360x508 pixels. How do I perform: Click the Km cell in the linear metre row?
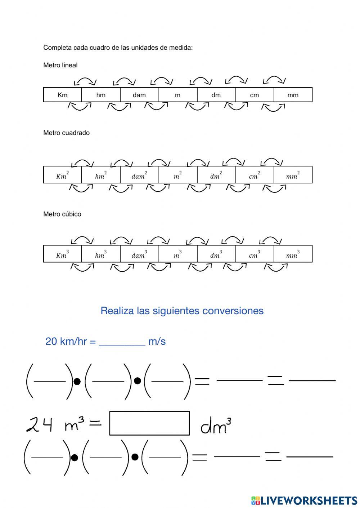[x=63, y=95]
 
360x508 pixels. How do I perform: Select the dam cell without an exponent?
[x=139, y=95]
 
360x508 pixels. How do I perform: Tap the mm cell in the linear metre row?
[x=293, y=95]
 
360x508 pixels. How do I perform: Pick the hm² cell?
[x=101, y=175]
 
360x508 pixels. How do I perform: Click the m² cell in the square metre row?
[x=178, y=175]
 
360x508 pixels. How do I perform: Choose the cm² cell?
[x=255, y=175]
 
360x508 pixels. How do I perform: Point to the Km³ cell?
[x=63, y=254]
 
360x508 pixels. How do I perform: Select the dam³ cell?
[x=139, y=254]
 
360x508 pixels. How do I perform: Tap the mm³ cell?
[x=293, y=254]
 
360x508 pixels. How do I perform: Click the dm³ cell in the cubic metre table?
[x=216, y=254]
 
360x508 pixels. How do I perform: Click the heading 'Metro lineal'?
[x=60, y=65]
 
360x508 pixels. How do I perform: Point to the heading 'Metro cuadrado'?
[x=66, y=133]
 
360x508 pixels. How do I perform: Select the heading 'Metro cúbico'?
[x=62, y=214]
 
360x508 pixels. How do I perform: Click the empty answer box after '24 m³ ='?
[x=149, y=423]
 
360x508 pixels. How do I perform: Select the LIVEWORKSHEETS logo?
[x=304, y=500]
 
